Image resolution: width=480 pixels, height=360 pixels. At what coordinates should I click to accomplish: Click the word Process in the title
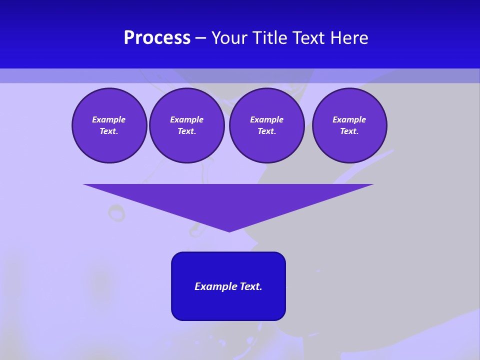(x=157, y=38)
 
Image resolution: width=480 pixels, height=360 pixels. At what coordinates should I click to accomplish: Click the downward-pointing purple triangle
(x=228, y=200)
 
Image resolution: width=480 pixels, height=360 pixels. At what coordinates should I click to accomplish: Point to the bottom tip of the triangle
(x=229, y=231)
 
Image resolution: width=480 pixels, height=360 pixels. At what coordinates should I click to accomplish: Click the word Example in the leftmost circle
(x=109, y=119)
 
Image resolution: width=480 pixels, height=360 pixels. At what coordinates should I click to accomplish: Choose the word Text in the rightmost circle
(x=349, y=131)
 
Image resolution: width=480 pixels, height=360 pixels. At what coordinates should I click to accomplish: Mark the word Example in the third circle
(x=266, y=119)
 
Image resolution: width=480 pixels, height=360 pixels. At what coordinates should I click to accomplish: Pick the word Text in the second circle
(x=186, y=131)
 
